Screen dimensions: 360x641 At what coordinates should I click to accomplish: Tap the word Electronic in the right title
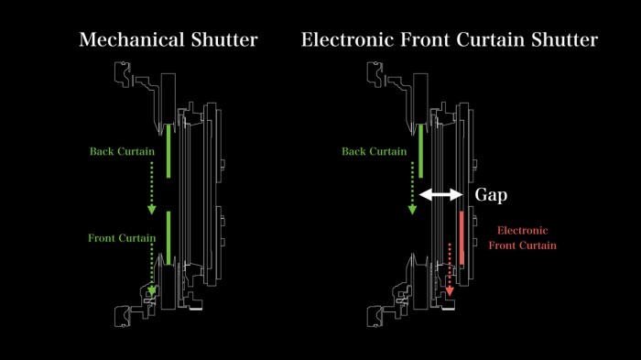tap(348, 40)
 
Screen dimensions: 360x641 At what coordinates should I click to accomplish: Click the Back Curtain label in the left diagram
tap(122, 151)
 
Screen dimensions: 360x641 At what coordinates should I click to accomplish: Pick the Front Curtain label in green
tap(122, 238)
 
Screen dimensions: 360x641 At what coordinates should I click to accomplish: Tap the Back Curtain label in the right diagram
tap(374, 151)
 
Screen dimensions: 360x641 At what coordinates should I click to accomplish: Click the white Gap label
tap(491, 195)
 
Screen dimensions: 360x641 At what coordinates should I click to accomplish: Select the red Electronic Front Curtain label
tap(522, 238)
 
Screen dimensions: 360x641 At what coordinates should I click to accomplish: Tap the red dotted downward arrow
tap(450, 270)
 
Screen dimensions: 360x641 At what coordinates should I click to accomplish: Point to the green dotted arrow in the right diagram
tap(413, 188)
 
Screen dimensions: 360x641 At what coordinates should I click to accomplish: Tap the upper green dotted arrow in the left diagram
tap(154, 188)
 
